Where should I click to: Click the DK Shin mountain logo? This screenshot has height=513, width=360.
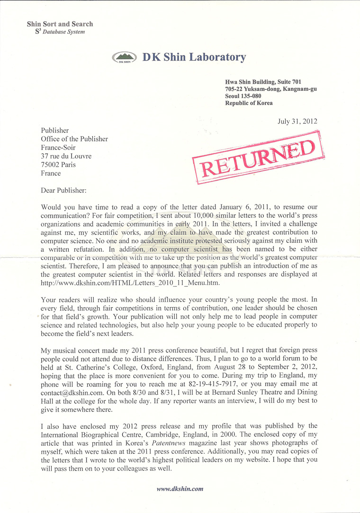click(124, 58)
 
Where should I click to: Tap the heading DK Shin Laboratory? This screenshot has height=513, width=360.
click(194, 57)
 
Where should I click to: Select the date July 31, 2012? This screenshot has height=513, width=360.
click(297, 121)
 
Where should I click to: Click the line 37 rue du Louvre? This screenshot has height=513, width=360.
click(66, 156)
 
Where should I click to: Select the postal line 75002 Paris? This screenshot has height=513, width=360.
click(58, 165)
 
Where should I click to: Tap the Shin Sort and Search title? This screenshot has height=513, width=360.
click(60, 24)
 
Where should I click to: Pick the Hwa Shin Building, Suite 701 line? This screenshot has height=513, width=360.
click(263, 82)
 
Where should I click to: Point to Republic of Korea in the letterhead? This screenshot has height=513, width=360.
click(249, 103)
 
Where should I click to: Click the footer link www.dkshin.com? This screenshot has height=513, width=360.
click(180, 489)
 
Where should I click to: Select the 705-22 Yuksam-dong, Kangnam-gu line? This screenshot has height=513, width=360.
click(270, 89)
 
